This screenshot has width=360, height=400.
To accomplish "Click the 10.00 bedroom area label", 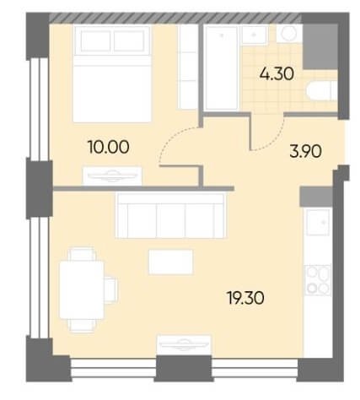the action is tap(109, 147).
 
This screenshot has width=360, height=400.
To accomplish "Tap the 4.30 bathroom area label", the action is tap(277, 74).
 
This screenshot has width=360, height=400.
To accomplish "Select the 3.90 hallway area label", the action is tap(305, 151).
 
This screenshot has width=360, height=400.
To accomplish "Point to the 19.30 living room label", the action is tap(245, 298).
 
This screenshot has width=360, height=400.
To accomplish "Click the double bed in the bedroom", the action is tap(112, 74).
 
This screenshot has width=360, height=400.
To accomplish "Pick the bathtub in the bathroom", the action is tap(222, 68).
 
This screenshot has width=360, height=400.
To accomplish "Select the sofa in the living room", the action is tap(171, 215).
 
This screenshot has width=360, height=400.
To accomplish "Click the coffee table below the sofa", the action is tap(170, 262).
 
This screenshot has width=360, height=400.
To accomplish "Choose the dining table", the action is tap(82, 289).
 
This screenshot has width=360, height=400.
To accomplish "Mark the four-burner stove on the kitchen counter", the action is tap(318, 280).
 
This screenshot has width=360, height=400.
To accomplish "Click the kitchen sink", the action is tap(318, 223).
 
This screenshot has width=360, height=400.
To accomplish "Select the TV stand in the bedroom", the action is tap(112, 176).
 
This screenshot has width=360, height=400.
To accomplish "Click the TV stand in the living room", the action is tap(184, 345).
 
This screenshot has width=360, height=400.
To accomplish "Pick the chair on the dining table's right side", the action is tap(110, 290).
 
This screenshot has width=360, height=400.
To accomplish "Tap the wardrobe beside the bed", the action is tap(188, 68).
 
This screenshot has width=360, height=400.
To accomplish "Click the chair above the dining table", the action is tap(82, 254).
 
